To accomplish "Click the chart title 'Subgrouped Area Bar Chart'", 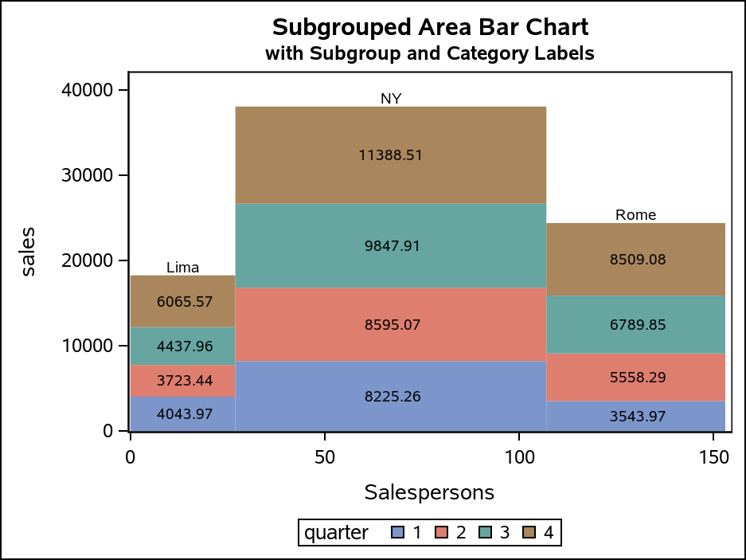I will (430, 27).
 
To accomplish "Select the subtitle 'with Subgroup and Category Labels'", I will (430, 54).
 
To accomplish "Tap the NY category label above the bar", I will (391, 99).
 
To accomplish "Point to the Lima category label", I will (182, 268).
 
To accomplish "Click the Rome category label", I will (635, 215).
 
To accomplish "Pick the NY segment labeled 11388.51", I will (391, 155).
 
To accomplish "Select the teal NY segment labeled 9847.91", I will (391, 245).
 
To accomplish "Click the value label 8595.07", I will (391, 325).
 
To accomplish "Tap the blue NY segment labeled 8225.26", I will (391, 397).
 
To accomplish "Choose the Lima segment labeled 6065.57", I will (185, 301).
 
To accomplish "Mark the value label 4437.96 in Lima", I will (185, 347).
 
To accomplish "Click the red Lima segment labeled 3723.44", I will (185, 381).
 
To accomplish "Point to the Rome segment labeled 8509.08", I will (637, 259).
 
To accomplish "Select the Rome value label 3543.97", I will (637, 416).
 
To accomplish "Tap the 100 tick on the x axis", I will (519, 457).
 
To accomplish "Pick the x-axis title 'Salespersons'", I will (429, 492).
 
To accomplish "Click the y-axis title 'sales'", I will (29, 260).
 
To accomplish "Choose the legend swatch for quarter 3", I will (485, 533).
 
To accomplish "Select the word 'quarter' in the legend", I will (337, 533).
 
